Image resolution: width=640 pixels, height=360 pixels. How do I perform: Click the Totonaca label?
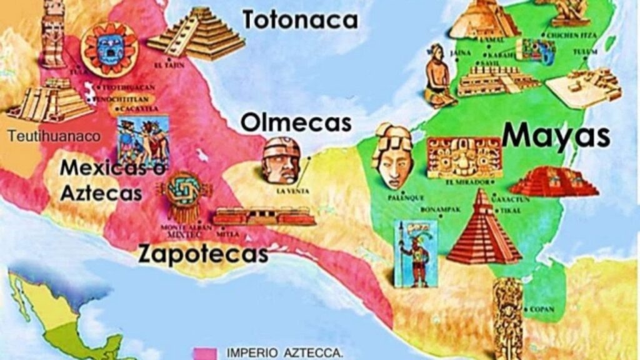click(300, 19)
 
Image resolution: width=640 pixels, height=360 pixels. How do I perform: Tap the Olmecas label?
click(296, 122)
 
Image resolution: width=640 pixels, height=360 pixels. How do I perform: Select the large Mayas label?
click(555, 135)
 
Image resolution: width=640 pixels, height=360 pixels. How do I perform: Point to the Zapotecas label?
click(203, 254)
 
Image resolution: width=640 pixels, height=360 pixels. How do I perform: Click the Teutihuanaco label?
click(54, 136)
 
